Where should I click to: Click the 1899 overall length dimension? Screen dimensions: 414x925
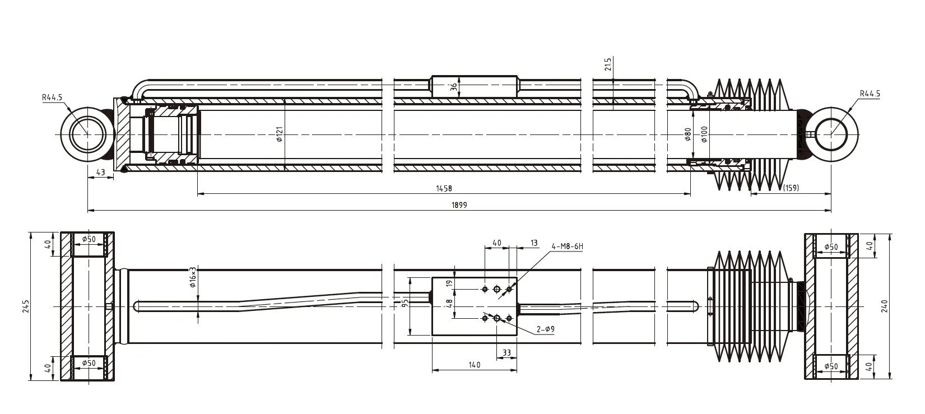459,206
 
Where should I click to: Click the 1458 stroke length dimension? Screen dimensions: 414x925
444,189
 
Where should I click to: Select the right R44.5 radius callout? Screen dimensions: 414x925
870,94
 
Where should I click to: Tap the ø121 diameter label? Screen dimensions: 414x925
280,134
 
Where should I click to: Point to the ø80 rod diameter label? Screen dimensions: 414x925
688,134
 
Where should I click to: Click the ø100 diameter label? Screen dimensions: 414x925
704,134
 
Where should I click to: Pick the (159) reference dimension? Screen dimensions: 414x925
791,188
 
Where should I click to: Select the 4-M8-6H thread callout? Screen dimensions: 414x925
567,246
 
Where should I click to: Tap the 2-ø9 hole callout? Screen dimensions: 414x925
545,330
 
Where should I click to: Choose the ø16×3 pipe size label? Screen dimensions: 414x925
193,277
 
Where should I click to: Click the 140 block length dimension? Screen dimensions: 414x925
474,365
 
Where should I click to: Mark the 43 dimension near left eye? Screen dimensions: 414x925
101,173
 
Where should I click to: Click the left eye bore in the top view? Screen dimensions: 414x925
87,135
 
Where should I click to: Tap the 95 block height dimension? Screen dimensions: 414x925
405,304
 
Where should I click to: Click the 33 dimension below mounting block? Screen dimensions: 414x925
506,353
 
